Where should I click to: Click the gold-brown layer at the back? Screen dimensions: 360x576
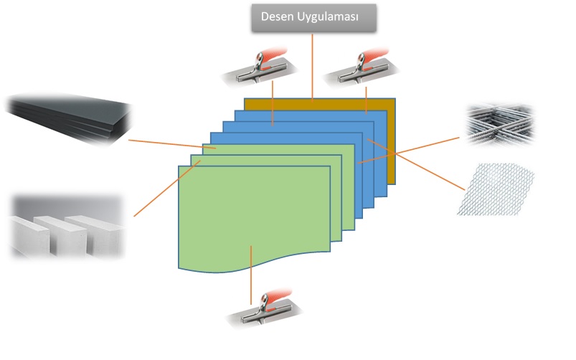(x=391, y=143)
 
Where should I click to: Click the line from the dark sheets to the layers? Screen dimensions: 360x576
(x=165, y=144)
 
